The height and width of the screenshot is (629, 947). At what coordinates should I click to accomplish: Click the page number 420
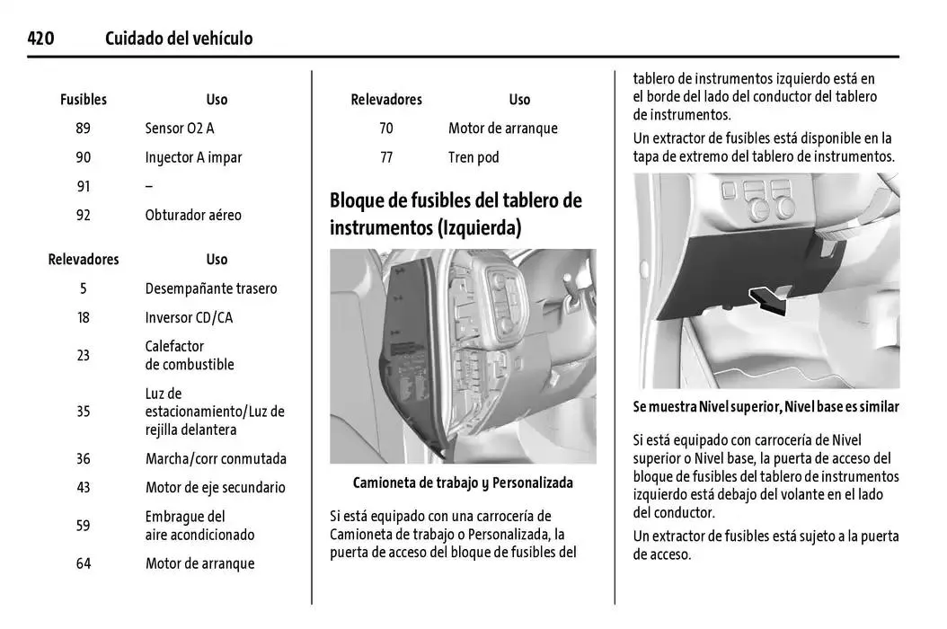coord(40,39)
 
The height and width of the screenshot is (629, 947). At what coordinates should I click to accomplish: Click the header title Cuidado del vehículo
coord(179,39)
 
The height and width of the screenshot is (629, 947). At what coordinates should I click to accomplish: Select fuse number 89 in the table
coord(83,128)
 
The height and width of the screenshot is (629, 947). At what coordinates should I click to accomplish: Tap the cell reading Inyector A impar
coord(193,157)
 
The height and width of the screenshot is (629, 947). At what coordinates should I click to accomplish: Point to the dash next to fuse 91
coord(148,186)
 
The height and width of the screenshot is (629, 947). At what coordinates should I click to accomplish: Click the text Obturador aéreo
coord(193,215)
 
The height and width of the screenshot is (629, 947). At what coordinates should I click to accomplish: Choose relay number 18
coord(83,317)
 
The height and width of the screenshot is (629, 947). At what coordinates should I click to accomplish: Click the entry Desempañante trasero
coord(211,288)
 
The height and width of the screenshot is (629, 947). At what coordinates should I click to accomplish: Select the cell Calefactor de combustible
coord(190,355)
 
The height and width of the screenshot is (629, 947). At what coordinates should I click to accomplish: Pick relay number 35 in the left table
coord(83,412)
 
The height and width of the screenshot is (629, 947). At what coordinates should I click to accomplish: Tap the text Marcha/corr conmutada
coord(216,458)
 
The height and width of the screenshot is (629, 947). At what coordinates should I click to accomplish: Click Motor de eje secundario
coord(215,487)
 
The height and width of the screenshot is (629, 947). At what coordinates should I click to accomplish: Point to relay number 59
coord(83,526)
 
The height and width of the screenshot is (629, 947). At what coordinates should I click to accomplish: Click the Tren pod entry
coord(473,157)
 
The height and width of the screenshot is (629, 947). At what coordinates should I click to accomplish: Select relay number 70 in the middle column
coord(386,128)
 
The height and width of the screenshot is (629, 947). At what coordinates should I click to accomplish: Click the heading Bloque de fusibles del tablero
coord(456,199)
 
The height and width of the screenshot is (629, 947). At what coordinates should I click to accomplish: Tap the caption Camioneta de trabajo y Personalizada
coord(463,483)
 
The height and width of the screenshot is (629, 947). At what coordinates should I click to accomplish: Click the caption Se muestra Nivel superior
coord(766,407)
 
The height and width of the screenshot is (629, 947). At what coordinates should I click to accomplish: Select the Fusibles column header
coord(83,100)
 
